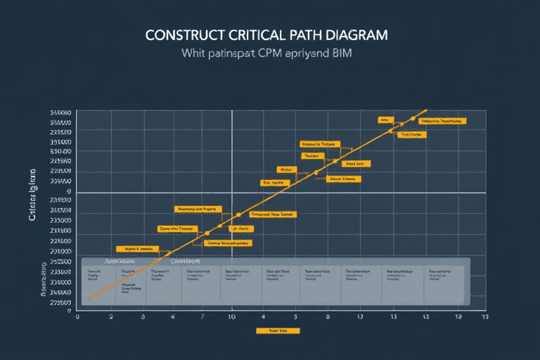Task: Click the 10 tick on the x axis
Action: [232, 318]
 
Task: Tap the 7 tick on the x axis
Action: [203, 318]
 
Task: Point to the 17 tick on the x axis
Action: [359, 318]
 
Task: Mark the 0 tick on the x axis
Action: [77, 318]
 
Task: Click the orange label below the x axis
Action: [278, 330]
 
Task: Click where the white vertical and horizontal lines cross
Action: [232, 192]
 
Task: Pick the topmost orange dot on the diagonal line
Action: [413, 119]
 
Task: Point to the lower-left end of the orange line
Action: [88, 300]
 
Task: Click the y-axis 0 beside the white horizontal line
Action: [69, 191]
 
